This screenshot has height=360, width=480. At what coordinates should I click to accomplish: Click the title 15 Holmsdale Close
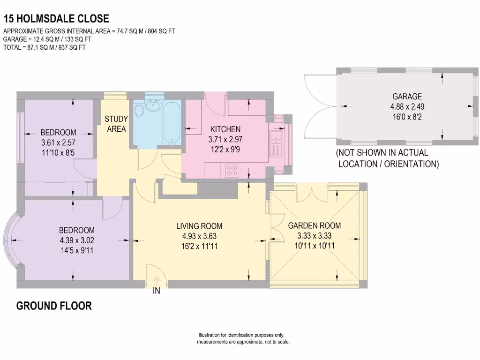(56, 19)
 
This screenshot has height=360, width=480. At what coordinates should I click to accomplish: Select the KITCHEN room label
(225, 129)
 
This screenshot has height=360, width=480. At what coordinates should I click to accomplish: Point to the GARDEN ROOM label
(314, 225)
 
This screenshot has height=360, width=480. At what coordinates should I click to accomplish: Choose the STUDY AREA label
(116, 124)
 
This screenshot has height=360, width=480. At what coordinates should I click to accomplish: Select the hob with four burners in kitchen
(232, 170)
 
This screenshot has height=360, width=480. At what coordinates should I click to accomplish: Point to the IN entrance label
(157, 291)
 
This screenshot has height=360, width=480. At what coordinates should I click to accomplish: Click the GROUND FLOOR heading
(54, 306)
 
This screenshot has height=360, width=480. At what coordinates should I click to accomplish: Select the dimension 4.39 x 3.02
(76, 240)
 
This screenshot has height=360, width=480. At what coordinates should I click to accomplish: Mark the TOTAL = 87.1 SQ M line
(45, 47)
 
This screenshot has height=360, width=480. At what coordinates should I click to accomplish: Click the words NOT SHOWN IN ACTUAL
(382, 153)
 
